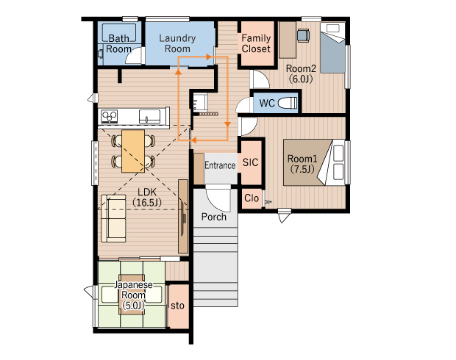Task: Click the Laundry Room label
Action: click(177, 43)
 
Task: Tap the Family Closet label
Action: click(256, 43)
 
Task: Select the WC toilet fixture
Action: click(288, 103)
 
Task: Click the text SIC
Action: click(250, 162)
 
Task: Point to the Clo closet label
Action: click(252, 198)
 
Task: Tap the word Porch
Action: click(214, 217)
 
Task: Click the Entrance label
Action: click(220, 165)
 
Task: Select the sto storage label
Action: click(177, 306)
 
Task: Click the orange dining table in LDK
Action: click(133, 151)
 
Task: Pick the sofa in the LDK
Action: click(114, 218)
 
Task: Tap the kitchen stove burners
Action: click(109, 117)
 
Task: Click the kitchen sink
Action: click(149, 117)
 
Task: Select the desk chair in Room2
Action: click(303, 35)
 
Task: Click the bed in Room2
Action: click(332, 48)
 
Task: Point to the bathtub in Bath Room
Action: click(119, 33)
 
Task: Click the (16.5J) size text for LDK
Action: click(147, 203)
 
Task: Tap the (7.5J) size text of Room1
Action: click(302, 169)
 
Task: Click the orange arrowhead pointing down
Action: click(228, 124)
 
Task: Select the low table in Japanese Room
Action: click(132, 295)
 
